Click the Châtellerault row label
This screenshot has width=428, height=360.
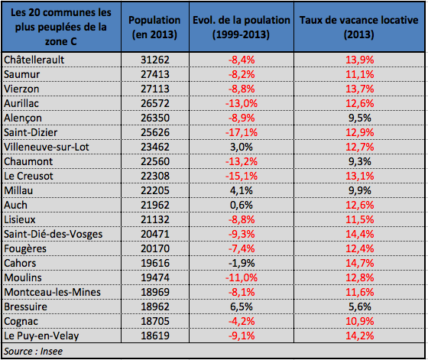[x=34, y=60]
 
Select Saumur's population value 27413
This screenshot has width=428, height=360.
[x=155, y=74]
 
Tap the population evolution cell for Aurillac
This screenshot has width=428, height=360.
[x=242, y=103]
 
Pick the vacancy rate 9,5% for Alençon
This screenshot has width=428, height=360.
[x=360, y=118]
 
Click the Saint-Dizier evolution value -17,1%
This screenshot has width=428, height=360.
[x=242, y=132]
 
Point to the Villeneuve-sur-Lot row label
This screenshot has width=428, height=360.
[x=47, y=147]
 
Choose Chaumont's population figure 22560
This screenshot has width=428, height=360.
[x=155, y=161]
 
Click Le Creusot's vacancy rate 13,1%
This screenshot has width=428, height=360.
[x=360, y=176]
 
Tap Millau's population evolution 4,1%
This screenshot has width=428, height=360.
[x=242, y=190]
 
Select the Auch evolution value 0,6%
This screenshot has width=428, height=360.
[x=242, y=205]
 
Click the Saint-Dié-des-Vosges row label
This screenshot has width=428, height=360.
[x=53, y=234]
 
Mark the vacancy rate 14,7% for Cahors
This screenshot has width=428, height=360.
[x=360, y=263]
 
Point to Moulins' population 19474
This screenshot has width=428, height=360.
[x=155, y=277]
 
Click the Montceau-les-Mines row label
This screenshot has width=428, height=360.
[x=53, y=292]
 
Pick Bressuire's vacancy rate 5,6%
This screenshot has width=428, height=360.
[x=360, y=306]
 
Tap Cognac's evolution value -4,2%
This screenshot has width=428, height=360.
[x=242, y=321]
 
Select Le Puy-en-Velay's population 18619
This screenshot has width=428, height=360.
[x=155, y=336]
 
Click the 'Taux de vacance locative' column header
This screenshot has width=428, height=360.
[x=359, y=27]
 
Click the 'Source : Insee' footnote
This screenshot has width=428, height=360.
[x=33, y=352]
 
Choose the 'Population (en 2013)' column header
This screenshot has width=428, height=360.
[x=154, y=27]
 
